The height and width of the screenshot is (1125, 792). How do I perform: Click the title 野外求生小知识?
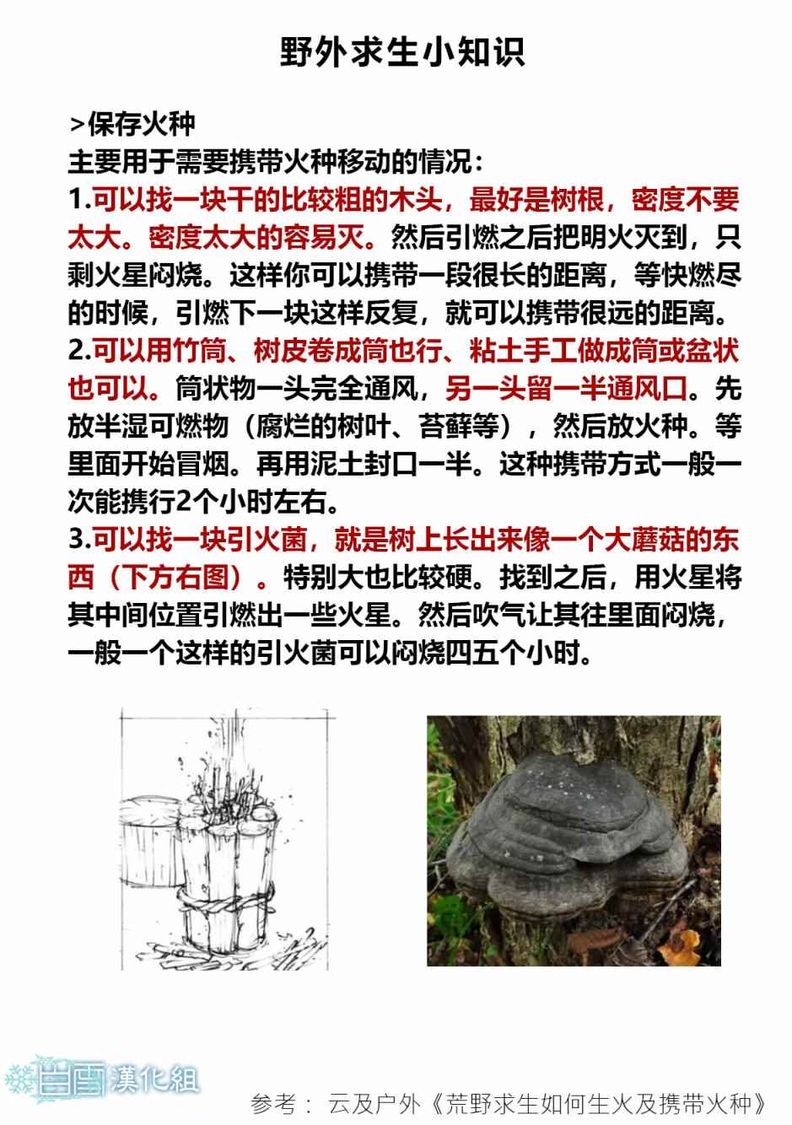(402, 52)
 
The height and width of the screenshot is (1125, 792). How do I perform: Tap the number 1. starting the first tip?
(79, 200)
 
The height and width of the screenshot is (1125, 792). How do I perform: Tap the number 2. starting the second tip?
(79, 351)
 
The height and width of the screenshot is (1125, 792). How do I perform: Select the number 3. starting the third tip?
(79, 540)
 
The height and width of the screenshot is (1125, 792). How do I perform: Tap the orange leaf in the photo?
(681, 945)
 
